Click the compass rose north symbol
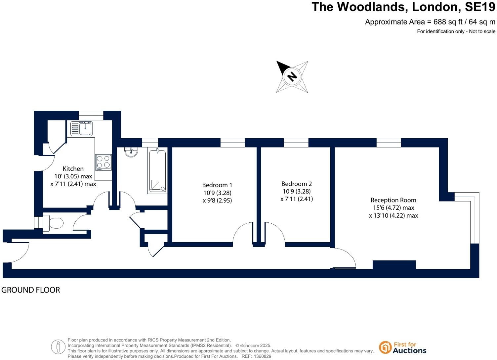tap(292, 76)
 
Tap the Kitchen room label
tap(73, 169)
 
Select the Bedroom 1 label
tap(217, 185)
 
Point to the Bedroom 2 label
tap(297, 184)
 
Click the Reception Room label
tap(393, 200)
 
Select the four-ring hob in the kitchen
tap(103, 162)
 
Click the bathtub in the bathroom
tap(157, 171)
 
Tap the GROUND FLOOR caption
tap(31, 290)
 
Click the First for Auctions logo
tap(402, 347)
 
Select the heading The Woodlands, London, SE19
tap(403, 7)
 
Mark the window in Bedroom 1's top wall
tap(232, 143)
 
